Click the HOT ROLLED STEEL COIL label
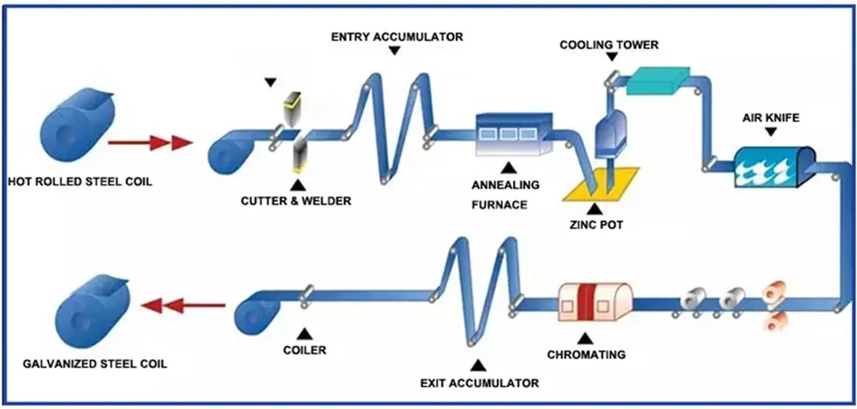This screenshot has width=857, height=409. click(79, 181)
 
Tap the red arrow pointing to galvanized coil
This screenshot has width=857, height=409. click(183, 305)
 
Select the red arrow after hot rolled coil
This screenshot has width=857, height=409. click(150, 144)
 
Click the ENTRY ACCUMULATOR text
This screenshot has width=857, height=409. click(397, 36)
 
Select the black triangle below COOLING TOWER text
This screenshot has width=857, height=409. click(611, 58)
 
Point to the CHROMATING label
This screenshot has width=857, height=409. click(586, 354)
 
